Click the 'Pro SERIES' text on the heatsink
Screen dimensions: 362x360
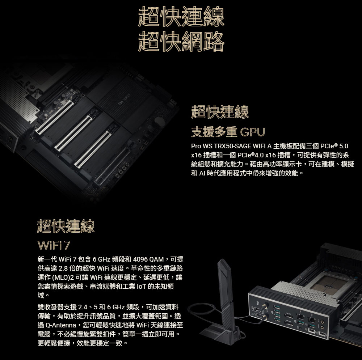[x=125, y=100]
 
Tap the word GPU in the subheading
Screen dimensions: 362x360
[x=252, y=132]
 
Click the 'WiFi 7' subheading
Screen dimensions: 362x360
[x=54, y=245]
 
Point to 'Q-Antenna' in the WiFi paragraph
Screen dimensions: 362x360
[x=61, y=325]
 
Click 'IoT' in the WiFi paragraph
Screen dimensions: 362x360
[x=142, y=287]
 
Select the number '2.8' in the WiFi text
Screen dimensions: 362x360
[x=63, y=268]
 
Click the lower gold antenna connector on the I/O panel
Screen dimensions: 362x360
[x=265, y=318]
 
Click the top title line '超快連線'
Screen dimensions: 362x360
[x=181, y=16]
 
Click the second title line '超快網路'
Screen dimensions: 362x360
[x=181, y=42]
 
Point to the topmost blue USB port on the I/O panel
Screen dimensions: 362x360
[x=277, y=307]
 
